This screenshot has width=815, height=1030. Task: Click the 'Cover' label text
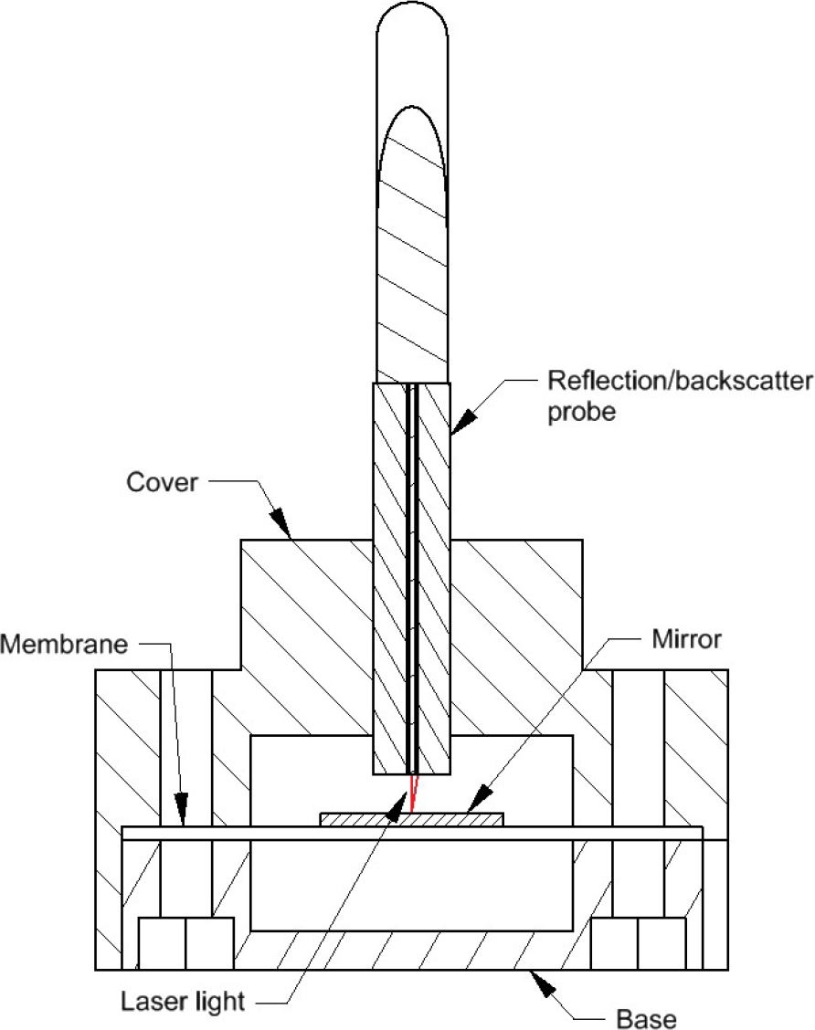[162, 482]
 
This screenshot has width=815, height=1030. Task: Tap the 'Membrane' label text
[64, 644]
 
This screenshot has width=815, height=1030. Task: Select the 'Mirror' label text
[686, 638]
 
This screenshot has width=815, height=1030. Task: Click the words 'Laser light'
[183, 1002]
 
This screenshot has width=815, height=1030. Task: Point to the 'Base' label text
[646, 1018]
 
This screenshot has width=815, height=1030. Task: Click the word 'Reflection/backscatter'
[681, 381]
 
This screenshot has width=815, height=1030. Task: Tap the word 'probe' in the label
[582, 412]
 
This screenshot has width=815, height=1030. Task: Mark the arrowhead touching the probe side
[462, 420]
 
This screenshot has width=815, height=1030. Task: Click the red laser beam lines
[413, 794]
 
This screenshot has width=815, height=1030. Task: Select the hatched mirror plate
[411, 820]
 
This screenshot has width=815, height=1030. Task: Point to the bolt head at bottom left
[186, 943]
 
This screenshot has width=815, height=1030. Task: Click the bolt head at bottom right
[638, 943]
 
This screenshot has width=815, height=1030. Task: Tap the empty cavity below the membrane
[411, 886]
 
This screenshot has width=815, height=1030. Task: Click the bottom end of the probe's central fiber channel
[413, 773]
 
